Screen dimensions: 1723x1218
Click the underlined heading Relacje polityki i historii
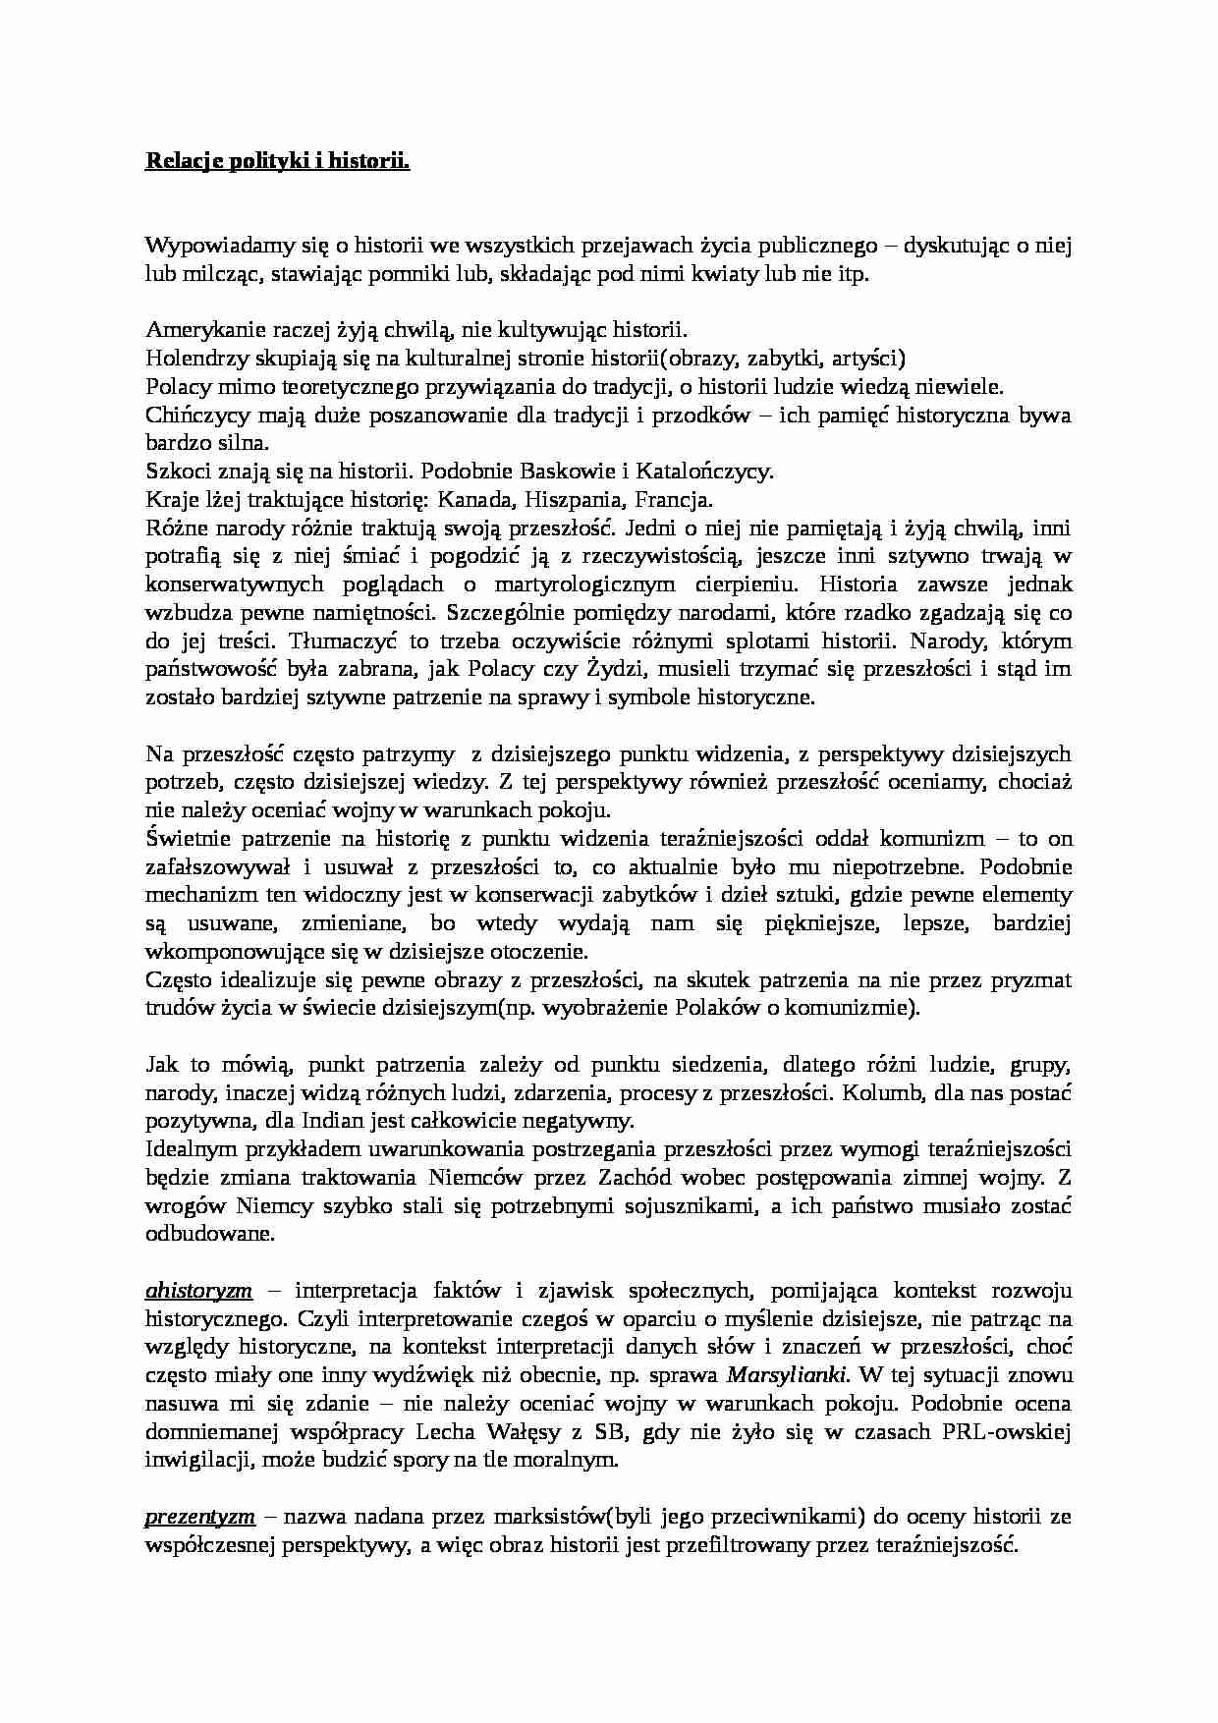pyautogui.click(x=277, y=160)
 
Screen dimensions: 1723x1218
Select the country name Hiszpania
pyautogui.click(x=572, y=500)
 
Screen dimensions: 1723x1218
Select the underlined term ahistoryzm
pyautogui.click(x=198, y=1290)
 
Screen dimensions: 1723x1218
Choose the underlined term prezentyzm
pyautogui.click(x=200, y=1517)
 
